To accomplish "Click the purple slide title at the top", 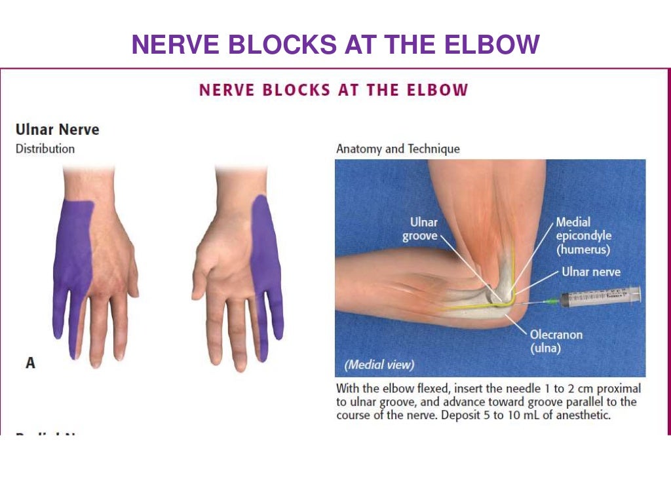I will pos(335,45).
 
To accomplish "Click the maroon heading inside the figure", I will pos(334,90).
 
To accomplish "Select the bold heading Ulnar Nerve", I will pos(57,129).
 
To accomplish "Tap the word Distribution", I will pos(45,149).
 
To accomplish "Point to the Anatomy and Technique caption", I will pos(398,149).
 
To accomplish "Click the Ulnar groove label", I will pos(420,229).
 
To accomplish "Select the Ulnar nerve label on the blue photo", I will pos(590,271).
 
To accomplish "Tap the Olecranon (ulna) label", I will pos(556,341).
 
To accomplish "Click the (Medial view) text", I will pos(379,365).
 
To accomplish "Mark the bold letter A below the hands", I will pos(30,362).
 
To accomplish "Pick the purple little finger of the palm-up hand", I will pos(276,314).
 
